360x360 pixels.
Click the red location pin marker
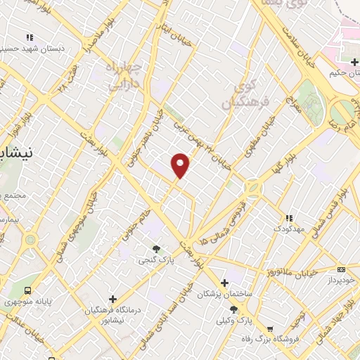pyautogui.click(x=181, y=165)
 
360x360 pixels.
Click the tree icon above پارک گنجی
pyautogui.click(x=156, y=248)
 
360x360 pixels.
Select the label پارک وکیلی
pyautogui.click(x=233, y=321)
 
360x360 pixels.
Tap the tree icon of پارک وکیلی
pyautogui.click(x=233, y=309)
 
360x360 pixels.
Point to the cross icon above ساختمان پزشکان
pyautogui.click(x=224, y=281)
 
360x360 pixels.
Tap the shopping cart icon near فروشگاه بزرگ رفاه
pyautogui.click(x=270, y=329)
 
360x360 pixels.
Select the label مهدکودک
pyautogui.click(x=288, y=229)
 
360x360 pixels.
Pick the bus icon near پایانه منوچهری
pyautogui.click(x=28, y=290)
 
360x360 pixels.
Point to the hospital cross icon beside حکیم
pyautogui.click(x=334, y=62)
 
